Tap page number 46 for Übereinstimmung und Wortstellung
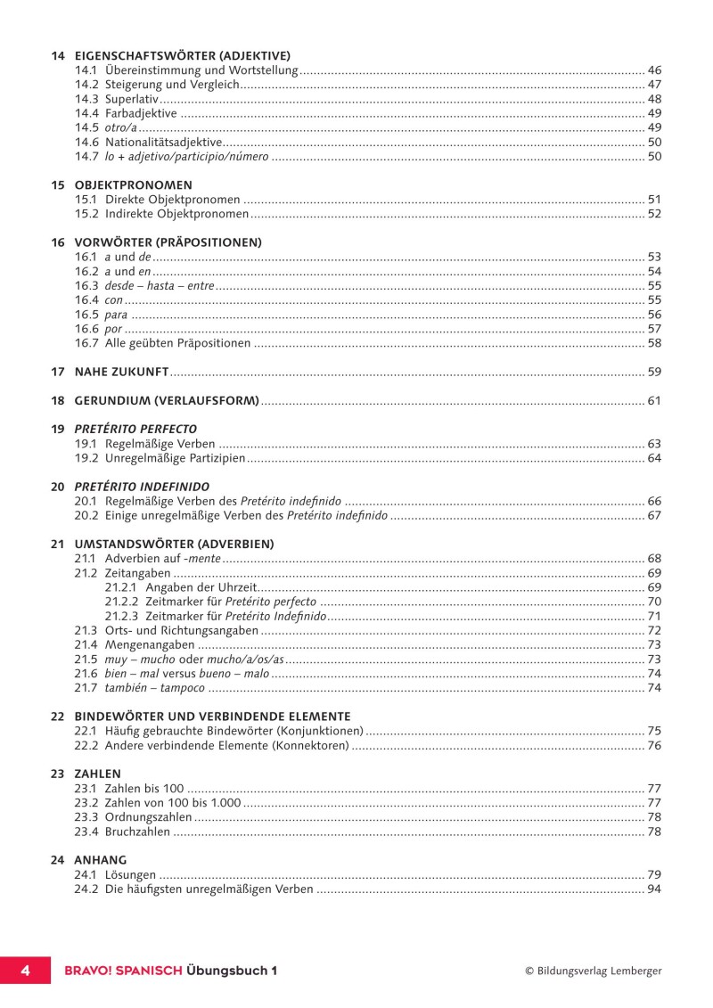tap(654, 70)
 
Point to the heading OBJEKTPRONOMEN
tap(133, 185)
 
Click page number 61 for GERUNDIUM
tap(654, 401)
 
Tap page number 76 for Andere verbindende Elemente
tap(654, 745)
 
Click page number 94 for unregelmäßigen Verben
tap(654, 889)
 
